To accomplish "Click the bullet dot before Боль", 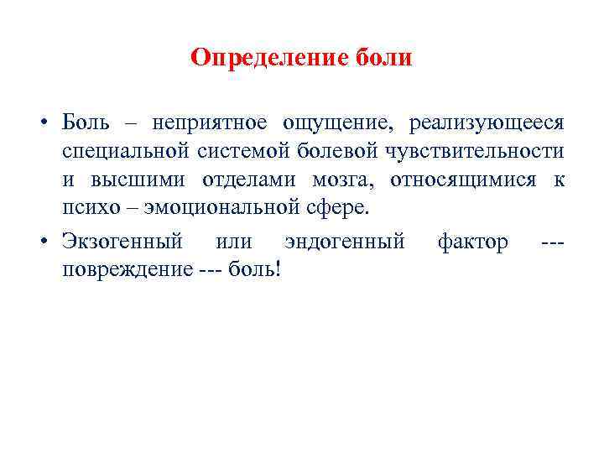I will click(x=41, y=124).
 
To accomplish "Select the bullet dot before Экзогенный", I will click(x=41, y=243).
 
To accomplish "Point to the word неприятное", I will click(x=210, y=123).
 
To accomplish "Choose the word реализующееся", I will click(x=487, y=124).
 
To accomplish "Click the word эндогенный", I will click(x=344, y=243).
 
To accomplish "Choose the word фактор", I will click(x=472, y=243).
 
